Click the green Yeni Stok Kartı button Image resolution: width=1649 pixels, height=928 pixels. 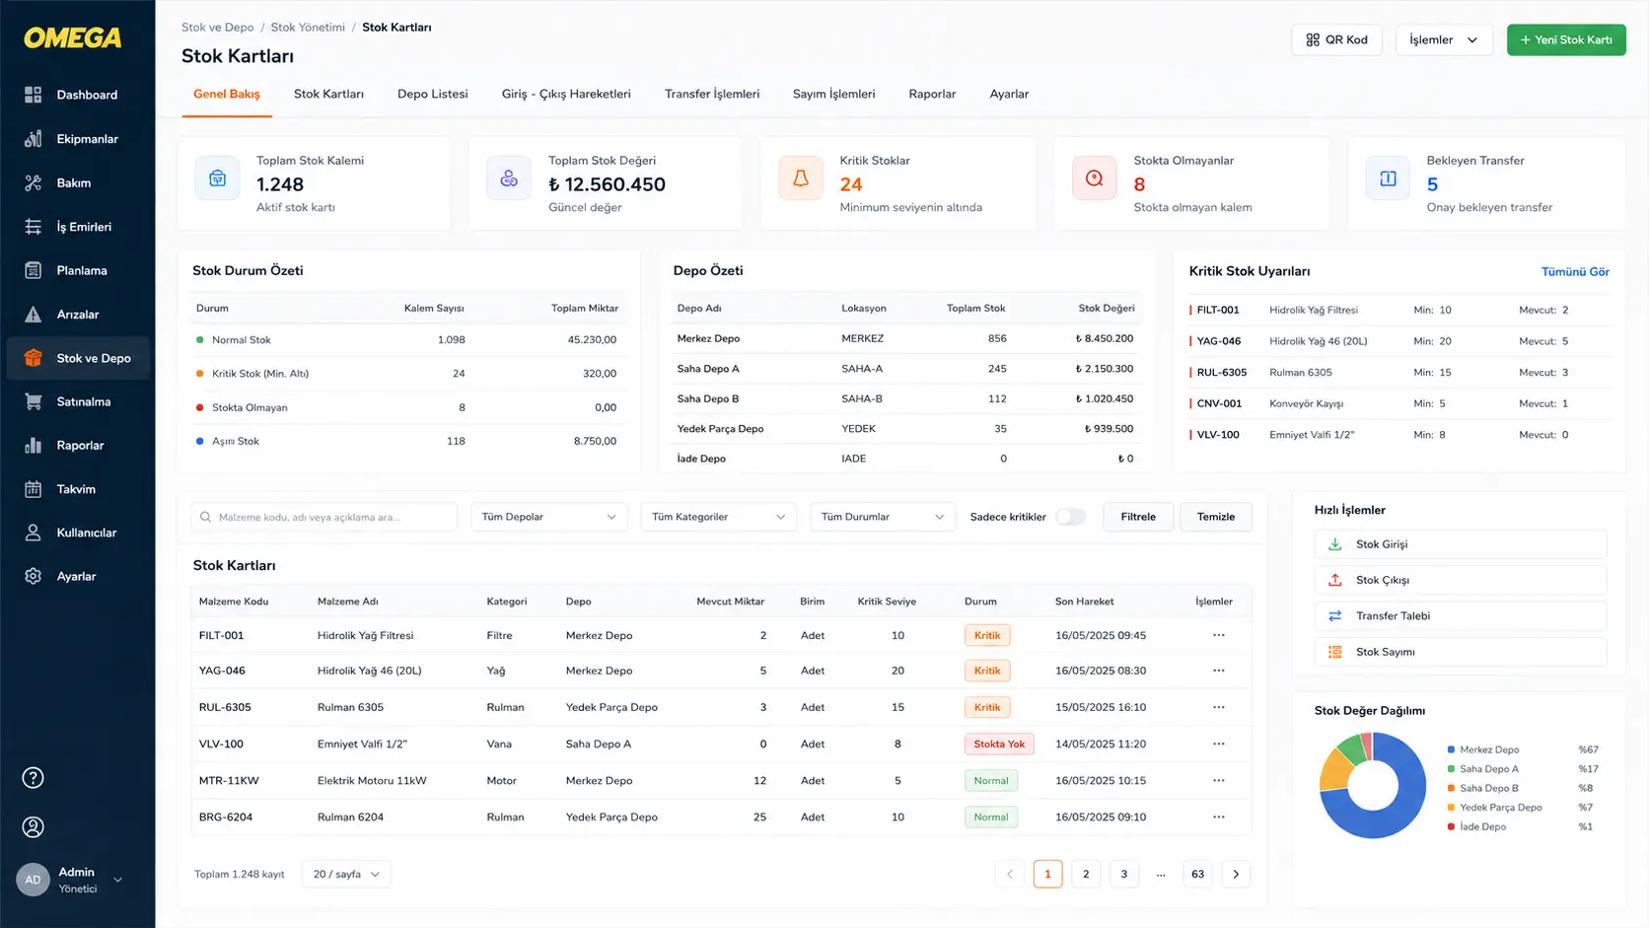click(x=1566, y=39)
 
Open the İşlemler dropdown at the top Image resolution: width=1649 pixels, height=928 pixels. click(x=1444, y=39)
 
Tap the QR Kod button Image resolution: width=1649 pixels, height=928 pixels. click(x=1336, y=39)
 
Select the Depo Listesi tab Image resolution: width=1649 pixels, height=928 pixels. click(x=432, y=94)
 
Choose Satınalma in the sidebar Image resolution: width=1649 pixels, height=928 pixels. click(x=83, y=401)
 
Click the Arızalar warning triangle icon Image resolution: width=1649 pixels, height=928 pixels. click(x=34, y=315)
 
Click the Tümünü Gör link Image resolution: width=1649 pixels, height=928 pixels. click(x=1575, y=271)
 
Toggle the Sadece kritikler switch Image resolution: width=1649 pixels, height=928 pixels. click(x=1070, y=517)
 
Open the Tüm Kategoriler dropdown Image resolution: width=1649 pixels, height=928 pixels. click(x=718, y=517)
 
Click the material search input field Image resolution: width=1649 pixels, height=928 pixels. click(x=323, y=517)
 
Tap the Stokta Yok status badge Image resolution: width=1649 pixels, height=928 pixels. click(x=999, y=744)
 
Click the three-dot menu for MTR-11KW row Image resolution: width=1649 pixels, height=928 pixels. click(x=1218, y=780)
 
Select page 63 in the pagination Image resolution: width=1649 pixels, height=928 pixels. click(x=1197, y=875)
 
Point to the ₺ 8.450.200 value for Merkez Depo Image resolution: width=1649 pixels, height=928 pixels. click(x=1104, y=338)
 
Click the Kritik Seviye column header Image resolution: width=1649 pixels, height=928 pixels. click(x=887, y=602)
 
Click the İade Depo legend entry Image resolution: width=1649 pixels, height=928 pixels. click(x=1482, y=826)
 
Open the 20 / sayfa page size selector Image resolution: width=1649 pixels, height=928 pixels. click(x=346, y=875)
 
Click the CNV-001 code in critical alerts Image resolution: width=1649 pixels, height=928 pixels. click(x=1219, y=403)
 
